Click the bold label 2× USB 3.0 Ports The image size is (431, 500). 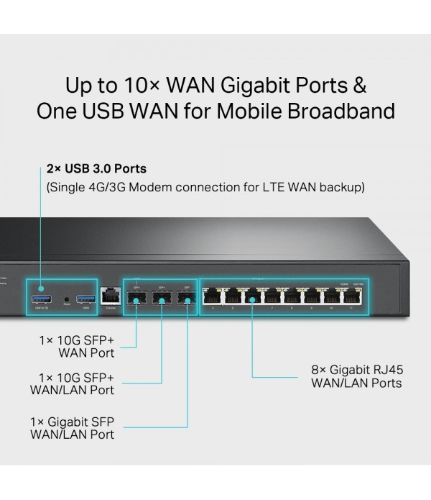click(x=96, y=168)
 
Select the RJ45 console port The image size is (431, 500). click(x=110, y=295)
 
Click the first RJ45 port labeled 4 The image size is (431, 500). click(x=213, y=295)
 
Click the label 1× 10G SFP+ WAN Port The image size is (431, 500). click(x=77, y=346)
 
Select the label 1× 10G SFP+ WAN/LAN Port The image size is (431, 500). click(x=72, y=383)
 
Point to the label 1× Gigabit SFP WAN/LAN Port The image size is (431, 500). click(x=72, y=427)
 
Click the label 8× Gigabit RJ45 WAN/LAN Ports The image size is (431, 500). click(x=356, y=376)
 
